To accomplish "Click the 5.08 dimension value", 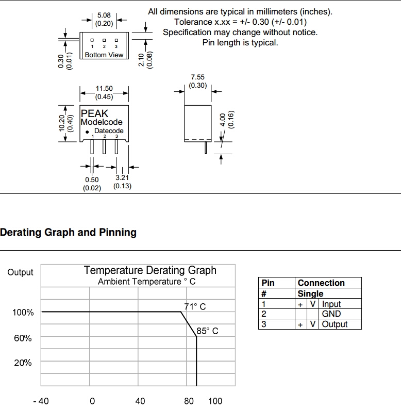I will click(x=104, y=15).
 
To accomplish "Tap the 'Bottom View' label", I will click(x=104, y=55).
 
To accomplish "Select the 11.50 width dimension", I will click(x=104, y=89).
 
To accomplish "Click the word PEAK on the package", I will click(x=95, y=113).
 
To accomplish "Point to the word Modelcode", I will click(x=102, y=122).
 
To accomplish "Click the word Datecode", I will click(x=109, y=131).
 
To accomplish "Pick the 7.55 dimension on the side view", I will click(x=197, y=77).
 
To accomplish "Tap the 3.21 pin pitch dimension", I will click(x=122, y=178).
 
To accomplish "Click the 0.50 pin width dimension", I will click(x=92, y=179).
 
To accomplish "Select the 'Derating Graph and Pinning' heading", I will click(x=68, y=232).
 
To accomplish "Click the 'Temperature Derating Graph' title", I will click(x=150, y=270).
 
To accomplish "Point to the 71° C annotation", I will click(x=195, y=306).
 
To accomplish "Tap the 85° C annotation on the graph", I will click(x=207, y=331).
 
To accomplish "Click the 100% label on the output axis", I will click(x=23, y=313).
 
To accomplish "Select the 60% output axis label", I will click(x=23, y=338).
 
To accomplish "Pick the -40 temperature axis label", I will click(x=41, y=401).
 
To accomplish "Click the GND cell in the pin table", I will click(x=331, y=314).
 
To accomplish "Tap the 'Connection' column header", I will click(x=321, y=283).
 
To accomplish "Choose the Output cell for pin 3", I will click(x=335, y=324).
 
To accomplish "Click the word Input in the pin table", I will click(x=331, y=304).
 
